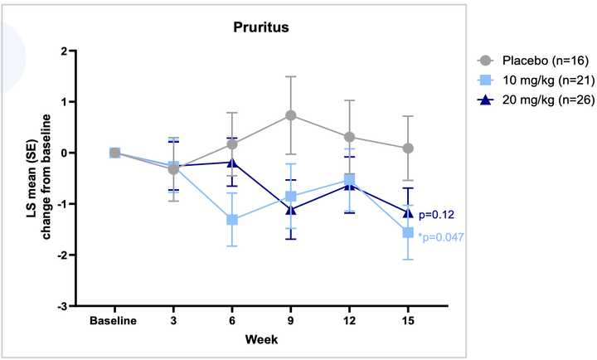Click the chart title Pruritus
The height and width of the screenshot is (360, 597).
(x=260, y=28)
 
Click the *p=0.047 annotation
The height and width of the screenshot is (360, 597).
(x=441, y=237)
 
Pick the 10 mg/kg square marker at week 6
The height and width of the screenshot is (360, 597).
(x=232, y=220)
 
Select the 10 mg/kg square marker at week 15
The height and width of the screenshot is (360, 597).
(x=408, y=232)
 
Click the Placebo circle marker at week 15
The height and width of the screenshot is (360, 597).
(x=408, y=148)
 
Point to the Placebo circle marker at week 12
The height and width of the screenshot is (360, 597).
(x=349, y=137)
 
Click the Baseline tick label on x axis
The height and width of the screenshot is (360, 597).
(x=114, y=319)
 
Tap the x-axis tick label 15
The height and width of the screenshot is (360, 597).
(x=408, y=319)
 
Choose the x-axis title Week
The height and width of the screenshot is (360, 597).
(x=261, y=339)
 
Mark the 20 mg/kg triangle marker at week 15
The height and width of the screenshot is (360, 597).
(x=408, y=212)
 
